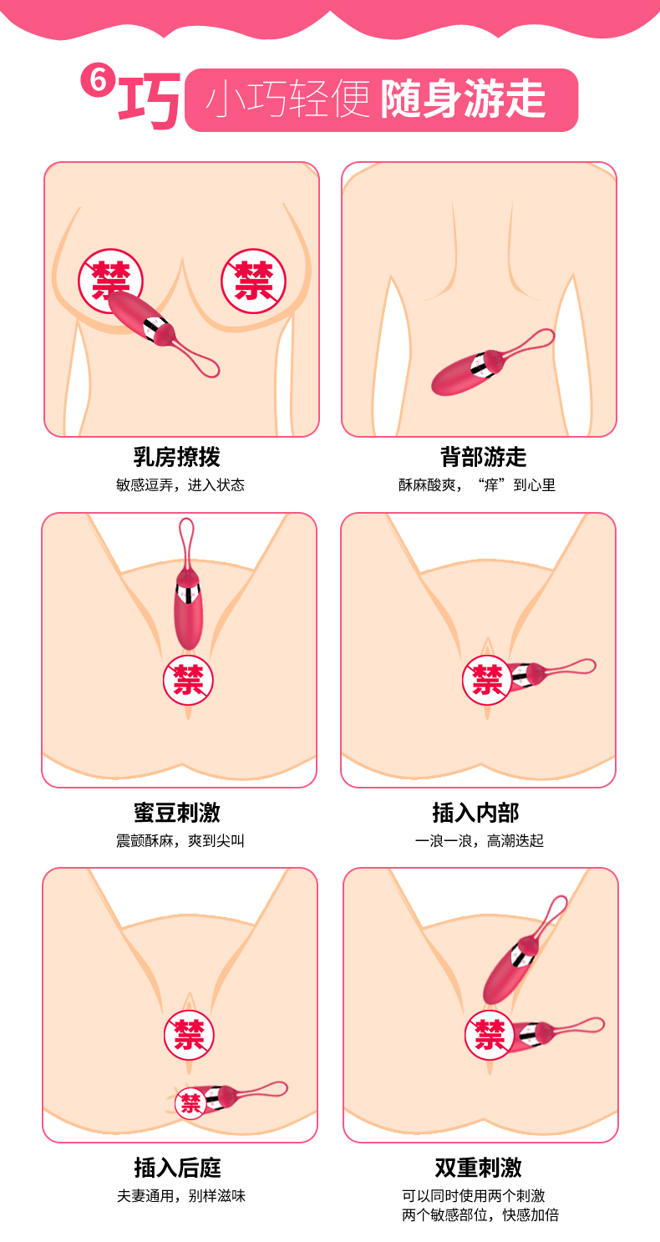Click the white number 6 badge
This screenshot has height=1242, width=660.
click(x=98, y=80)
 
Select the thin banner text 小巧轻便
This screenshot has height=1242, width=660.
click(x=287, y=99)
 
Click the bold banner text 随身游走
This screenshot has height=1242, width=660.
click(x=463, y=99)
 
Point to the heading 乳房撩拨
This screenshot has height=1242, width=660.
click(x=177, y=457)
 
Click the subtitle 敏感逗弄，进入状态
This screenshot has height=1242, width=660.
click(x=180, y=485)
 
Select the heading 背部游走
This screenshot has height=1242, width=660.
click(x=483, y=457)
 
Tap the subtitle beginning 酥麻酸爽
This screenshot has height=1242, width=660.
click(x=477, y=485)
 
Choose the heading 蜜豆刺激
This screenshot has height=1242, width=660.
click(x=177, y=813)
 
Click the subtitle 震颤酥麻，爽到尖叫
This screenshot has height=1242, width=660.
click(x=180, y=840)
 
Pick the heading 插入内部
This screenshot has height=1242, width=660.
click(x=476, y=813)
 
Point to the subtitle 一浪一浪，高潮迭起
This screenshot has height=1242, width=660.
click(x=480, y=840)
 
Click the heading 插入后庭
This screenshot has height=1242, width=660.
click(x=177, y=1168)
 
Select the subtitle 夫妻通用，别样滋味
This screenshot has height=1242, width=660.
click(x=180, y=1196)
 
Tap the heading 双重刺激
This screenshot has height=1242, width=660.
click(x=478, y=1167)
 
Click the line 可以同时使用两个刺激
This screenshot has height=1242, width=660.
click(x=474, y=1195)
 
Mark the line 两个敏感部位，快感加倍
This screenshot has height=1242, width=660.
click(x=480, y=1214)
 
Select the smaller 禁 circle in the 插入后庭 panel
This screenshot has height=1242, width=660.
click(x=190, y=1103)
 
